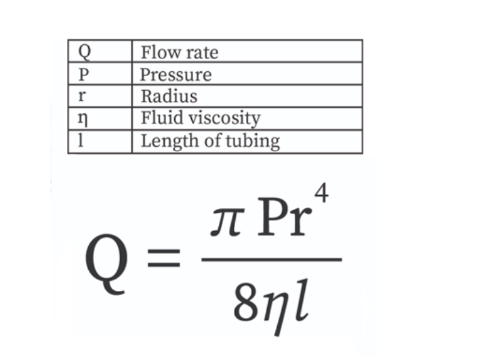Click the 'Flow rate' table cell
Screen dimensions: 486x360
coord(179,52)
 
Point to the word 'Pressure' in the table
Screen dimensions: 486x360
coord(176,74)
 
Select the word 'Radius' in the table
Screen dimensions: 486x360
coord(169,96)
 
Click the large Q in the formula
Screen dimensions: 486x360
coord(108,261)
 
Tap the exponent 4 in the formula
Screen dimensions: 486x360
coord(322,193)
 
